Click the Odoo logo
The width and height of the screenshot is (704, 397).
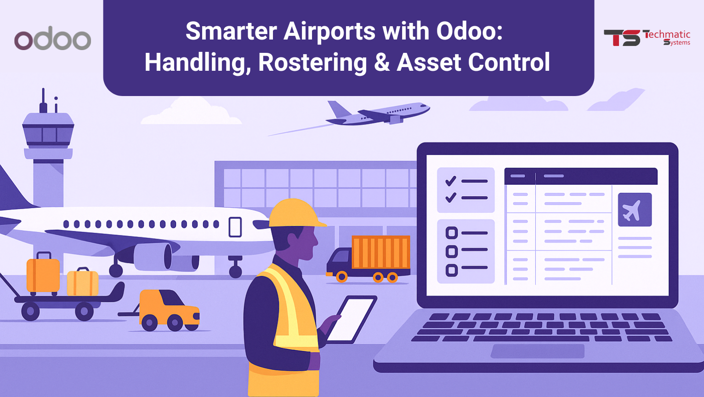pos(52,40)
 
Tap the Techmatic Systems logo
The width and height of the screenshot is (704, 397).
pos(647,38)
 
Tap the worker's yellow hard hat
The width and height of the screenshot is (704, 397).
pos(295,214)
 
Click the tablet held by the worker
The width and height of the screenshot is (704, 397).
pos(351,319)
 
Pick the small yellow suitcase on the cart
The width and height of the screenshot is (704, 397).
pos(83,282)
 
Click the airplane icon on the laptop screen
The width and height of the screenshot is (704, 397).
pos(635,210)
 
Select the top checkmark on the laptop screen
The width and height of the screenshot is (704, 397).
pos(451,181)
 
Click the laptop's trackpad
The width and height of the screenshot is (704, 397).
pos(538,351)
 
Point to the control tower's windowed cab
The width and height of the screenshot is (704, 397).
pos(48,134)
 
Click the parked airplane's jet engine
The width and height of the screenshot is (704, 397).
pos(153,256)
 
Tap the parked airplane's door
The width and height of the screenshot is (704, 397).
pos(235,227)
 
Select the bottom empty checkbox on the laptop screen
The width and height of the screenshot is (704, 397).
pos(452,270)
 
